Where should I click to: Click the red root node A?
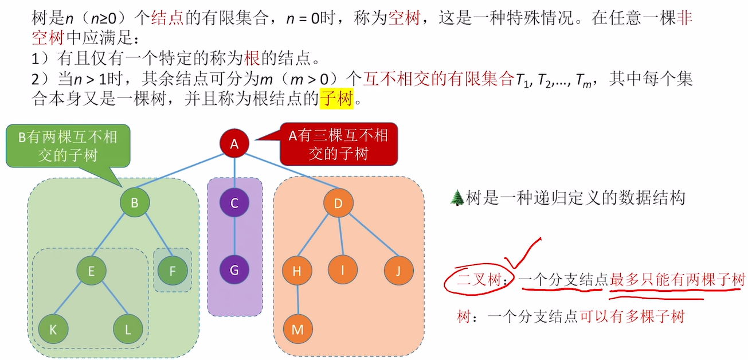234,144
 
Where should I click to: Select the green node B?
135,202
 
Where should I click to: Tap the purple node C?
234,203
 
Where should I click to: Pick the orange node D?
338,203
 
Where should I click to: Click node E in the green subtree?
92,271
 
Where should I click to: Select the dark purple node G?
234,271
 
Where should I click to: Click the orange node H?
297,271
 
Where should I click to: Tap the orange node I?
343,271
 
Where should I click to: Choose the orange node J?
399,271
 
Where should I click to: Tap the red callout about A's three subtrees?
337,144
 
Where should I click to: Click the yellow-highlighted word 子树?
336,99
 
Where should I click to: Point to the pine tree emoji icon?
457,198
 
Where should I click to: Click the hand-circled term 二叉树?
475,280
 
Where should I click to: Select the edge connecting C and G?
234,237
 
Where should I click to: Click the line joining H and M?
297,300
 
